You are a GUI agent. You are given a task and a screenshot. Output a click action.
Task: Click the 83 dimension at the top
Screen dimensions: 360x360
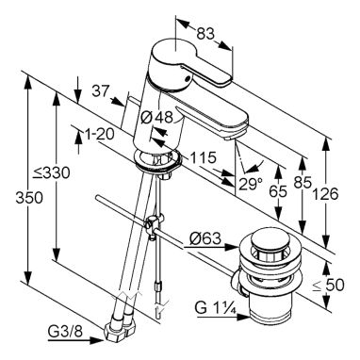click(x=205, y=33)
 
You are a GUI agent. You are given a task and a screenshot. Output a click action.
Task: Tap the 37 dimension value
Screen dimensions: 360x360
click(x=100, y=91)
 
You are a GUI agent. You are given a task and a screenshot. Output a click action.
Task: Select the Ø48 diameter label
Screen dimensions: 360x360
click(x=157, y=117)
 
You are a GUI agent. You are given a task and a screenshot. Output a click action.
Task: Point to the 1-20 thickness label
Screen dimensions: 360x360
click(x=99, y=135)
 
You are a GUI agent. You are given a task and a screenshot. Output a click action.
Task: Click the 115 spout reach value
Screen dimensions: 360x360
click(x=202, y=157)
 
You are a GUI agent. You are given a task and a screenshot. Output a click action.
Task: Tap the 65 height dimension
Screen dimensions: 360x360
click(x=278, y=191)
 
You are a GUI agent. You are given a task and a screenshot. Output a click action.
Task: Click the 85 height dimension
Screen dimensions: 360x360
click(x=303, y=182)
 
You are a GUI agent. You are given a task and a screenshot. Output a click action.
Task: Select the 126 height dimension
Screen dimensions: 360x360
click(x=325, y=194)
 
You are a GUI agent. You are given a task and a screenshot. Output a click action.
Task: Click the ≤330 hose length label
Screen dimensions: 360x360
click(x=53, y=172)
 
